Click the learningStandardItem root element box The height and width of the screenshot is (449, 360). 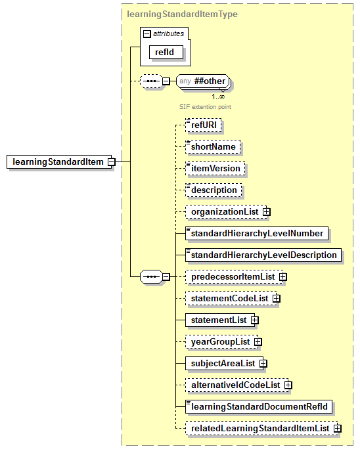(x=57, y=161)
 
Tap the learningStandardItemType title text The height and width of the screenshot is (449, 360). (x=182, y=14)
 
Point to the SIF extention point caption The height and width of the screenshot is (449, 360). (x=205, y=106)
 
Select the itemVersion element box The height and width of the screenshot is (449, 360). (x=215, y=168)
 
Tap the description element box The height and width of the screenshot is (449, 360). (x=214, y=190)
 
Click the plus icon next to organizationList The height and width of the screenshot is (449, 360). (x=267, y=212)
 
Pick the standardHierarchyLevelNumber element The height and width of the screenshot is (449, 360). (x=257, y=233)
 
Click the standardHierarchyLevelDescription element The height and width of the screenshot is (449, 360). (x=263, y=255)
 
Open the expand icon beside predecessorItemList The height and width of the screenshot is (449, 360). (x=283, y=277)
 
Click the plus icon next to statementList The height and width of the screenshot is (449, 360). (x=255, y=320)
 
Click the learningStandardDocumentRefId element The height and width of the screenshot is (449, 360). (x=259, y=406)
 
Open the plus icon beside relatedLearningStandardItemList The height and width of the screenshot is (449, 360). (x=338, y=428)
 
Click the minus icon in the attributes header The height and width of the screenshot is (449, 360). (x=147, y=33)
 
